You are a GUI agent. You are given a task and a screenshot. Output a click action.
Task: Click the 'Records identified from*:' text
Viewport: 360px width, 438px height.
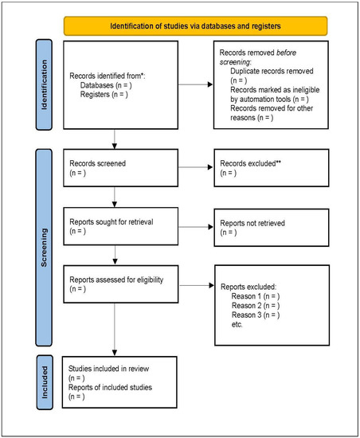tap(110, 76)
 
